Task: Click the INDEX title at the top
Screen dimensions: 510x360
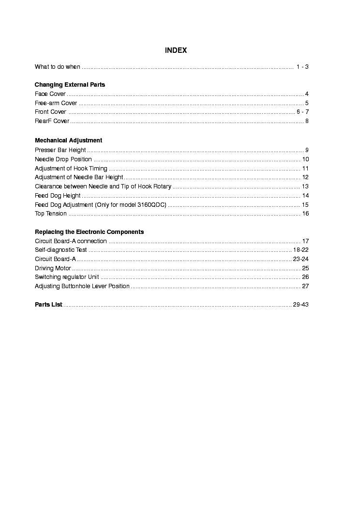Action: coord(176,50)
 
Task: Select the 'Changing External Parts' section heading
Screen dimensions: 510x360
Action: coord(70,85)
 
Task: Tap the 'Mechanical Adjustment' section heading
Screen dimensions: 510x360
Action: coord(68,140)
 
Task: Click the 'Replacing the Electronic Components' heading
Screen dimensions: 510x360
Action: coord(89,232)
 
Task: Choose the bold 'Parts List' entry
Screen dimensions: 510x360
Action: coord(48,305)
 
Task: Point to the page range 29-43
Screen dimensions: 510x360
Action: coord(300,305)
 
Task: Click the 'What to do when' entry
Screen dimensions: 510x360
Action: coord(58,67)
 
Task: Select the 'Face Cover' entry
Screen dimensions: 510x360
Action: coord(50,94)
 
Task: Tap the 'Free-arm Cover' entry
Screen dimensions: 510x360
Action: coord(56,103)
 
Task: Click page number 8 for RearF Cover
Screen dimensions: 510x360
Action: coord(307,121)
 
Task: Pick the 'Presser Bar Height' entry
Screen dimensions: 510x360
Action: coord(60,150)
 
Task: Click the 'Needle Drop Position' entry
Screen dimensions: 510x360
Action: coord(63,159)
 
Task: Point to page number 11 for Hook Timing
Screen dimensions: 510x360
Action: coord(305,169)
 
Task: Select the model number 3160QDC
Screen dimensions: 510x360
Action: coord(151,205)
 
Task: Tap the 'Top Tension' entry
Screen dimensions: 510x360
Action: coord(51,214)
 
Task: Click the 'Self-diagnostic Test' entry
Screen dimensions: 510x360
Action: coord(61,250)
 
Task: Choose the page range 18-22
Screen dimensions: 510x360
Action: coord(300,250)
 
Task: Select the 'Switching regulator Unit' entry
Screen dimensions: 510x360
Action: coord(67,277)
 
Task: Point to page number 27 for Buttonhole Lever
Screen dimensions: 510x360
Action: coord(305,286)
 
